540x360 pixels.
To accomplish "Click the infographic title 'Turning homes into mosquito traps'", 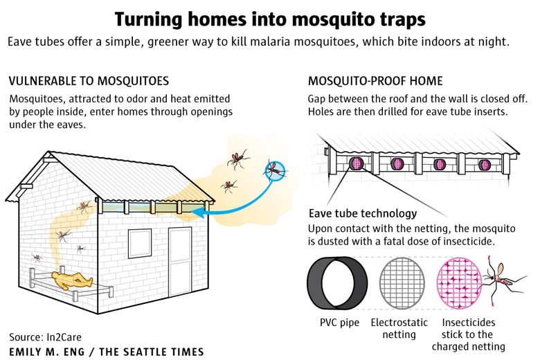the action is point(270,19).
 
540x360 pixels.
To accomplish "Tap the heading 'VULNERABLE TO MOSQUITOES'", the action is point(89,81).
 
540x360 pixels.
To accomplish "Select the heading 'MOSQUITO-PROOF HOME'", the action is point(375,81).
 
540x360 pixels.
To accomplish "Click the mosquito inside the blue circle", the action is point(275,170).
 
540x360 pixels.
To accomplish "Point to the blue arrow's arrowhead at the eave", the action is point(198,213).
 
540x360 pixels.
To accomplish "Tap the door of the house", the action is point(180,262).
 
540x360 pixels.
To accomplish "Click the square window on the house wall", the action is point(140,243).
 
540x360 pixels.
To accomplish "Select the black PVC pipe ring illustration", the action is point(337,282).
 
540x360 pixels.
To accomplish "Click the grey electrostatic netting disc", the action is point(402,282).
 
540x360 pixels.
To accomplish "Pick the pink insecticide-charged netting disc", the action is point(460,282).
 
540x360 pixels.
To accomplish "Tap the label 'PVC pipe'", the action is point(339,323).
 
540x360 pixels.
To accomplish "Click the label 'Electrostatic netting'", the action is point(399,328).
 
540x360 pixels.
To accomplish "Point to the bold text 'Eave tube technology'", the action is point(363,213).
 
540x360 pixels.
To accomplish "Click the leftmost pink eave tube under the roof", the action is point(356,163).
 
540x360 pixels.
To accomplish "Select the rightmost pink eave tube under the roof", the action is point(484,165).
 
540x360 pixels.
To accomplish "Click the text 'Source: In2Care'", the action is point(45,336).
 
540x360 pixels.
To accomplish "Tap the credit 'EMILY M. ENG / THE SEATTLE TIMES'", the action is point(107,352).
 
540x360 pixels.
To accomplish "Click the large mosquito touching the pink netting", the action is point(503,280).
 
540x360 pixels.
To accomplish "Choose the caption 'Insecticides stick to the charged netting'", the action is point(469,334).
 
